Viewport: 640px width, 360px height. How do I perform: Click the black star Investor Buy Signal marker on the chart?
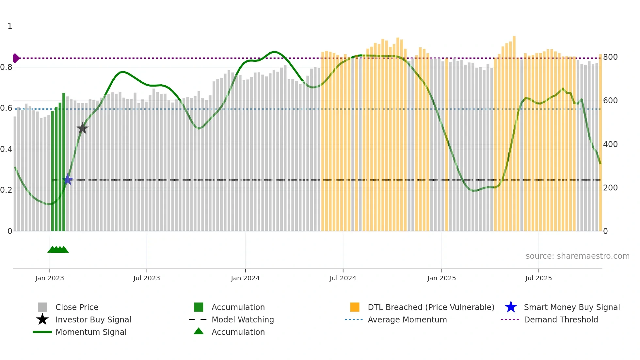click(x=82, y=128)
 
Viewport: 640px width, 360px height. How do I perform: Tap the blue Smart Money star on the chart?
click(x=68, y=179)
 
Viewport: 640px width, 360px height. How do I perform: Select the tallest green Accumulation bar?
click(x=64, y=162)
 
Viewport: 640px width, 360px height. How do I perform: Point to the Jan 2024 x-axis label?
click(x=245, y=278)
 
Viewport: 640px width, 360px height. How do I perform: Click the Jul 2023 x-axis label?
click(x=147, y=278)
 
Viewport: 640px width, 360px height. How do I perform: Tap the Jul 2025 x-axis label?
click(x=538, y=278)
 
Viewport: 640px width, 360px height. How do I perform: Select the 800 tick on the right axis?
click(x=610, y=57)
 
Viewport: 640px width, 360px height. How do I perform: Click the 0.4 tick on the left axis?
click(x=6, y=149)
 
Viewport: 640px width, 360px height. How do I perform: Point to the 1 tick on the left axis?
click(x=10, y=26)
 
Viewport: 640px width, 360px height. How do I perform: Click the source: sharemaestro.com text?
click(x=577, y=256)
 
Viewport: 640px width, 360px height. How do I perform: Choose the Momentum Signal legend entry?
click(x=91, y=332)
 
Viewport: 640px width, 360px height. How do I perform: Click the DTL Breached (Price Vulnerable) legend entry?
click(x=431, y=307)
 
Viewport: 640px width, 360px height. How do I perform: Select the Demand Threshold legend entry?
click(x=561, y=319)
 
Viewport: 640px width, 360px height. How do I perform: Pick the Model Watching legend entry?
click(x=243, y=319)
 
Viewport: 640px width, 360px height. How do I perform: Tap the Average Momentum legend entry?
click(x=407, y=319)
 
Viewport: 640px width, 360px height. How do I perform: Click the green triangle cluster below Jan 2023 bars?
click(x=58, y=250)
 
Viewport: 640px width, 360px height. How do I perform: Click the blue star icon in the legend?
click(x=511, y=307)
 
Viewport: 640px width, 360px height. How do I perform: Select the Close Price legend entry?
click(x=77, y=307)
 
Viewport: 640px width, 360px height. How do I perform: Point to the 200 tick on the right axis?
click(x=610, y=188)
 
